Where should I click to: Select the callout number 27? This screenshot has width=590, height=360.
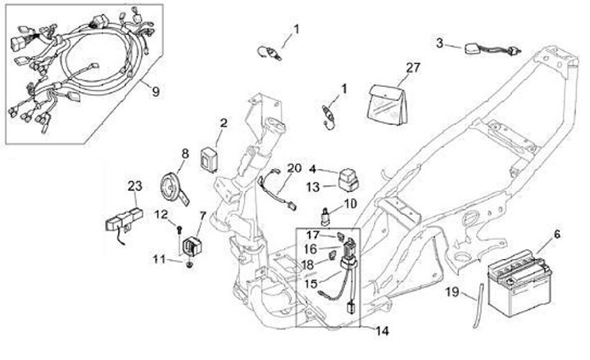[x=412, y=66]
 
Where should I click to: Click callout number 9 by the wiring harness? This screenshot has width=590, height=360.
[x=155, y=91]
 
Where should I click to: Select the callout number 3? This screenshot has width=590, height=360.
[x=439, y=43]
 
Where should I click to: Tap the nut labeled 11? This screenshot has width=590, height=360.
[x=189, y=263]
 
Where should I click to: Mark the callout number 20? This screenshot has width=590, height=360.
[x=294, y=167]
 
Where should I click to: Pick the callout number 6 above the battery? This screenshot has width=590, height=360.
[x=557, y=235]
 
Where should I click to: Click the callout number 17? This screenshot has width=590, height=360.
[x=312, y=235]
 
